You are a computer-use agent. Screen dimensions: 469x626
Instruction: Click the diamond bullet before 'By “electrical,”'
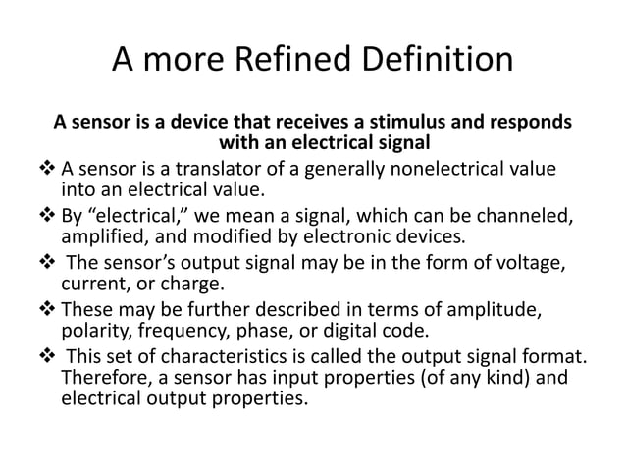(48, 216)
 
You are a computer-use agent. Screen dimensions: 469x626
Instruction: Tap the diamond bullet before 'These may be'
(48, 311)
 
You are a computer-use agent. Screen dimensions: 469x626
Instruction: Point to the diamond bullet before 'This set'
(48, 359)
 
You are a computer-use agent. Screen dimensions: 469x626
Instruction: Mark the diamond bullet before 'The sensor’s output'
(48, 264)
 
